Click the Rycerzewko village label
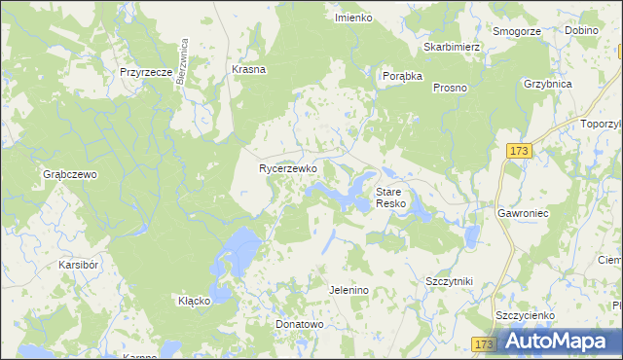pyautogui.click(x=288, y=168)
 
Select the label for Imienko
pyautogui.click(x=353, y=18)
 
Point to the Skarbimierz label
pyautogui.click(x=453, y=47)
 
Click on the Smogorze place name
pyautogui.click(x=516, y=31)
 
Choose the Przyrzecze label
pyautogui.click(x=146, y=72)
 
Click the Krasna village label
pyautogui.click(x=249, y=70)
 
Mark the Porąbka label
pyautogui.click(x=402, y=75)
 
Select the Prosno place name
pyautogui.click(x=450, y=88)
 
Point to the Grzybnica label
pyautogui.click(x=547, y=84)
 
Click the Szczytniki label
pyautogui.click(x=449, y=281)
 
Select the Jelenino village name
pyautogui.click(x=348, y=290)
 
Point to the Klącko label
pyautogui.click(x=194, y=301)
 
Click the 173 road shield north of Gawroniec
pyautogui.click(x=519, y=151)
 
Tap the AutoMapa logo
pyautogui.click(x=558, y=341)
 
